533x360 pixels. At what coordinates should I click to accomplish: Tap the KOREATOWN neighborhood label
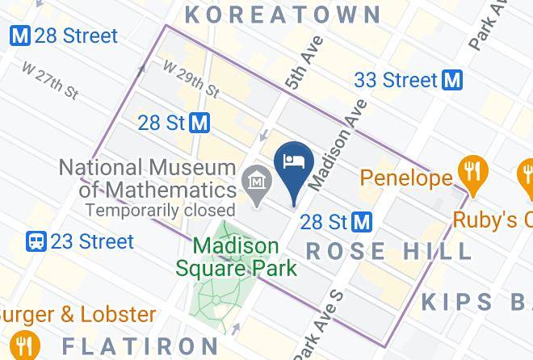click(283, 14)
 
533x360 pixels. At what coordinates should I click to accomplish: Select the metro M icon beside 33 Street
click(452, 80)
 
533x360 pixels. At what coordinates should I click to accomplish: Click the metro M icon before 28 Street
click(20, 36)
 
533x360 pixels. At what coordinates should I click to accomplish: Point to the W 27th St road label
click(50, 82)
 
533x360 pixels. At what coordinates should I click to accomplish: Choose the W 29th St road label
click(191, 79)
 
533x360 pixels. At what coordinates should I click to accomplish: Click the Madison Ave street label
click(338, 144)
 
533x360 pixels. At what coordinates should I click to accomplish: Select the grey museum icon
click(258, 185)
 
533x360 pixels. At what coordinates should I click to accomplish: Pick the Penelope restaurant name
click(405, 176)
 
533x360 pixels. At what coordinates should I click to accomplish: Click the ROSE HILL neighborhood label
click(388, 251)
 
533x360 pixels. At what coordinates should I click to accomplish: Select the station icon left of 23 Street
click(36, 241)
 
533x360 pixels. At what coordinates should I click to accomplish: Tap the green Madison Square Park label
click(236, 257)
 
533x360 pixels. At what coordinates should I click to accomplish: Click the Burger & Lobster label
click(77, 313)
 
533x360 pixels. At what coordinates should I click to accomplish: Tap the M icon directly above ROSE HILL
click(362, 221)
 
